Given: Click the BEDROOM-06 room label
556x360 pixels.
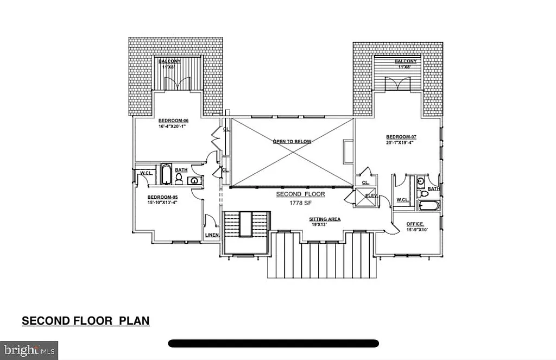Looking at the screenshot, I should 172,121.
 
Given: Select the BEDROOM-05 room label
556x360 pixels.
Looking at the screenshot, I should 162,197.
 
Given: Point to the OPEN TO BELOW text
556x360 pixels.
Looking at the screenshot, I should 292,142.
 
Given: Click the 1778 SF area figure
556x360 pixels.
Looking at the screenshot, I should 300,203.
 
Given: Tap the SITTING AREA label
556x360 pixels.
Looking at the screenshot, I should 325,219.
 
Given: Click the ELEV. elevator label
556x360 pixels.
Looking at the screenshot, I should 372,195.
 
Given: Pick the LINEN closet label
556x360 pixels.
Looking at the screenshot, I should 211,235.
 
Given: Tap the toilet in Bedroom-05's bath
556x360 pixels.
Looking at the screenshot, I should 179,179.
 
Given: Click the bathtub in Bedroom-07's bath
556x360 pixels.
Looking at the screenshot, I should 429,206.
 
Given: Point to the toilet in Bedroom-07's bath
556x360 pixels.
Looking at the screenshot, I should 421,193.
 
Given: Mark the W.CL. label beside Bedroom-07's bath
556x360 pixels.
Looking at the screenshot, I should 402,200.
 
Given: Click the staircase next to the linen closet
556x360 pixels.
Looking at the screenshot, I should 246,225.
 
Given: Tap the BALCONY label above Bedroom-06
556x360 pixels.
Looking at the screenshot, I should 169,62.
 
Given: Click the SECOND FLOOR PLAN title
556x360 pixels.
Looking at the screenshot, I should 85,321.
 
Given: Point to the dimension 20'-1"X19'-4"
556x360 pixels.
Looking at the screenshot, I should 400,143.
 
